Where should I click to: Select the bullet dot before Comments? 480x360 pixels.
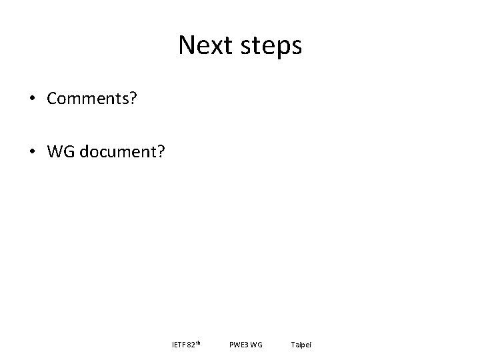click(32, 99)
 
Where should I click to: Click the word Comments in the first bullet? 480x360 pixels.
click(89, 99)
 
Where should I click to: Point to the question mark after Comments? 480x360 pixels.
click(134, 99)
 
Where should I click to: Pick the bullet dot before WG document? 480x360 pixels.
click(32, 152)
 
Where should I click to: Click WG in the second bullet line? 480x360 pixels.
click(59, 152)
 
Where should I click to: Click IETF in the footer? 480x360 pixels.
click(178, 345)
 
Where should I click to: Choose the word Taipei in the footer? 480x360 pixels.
click(301, 345)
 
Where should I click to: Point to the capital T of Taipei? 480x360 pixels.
click(293, 345)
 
